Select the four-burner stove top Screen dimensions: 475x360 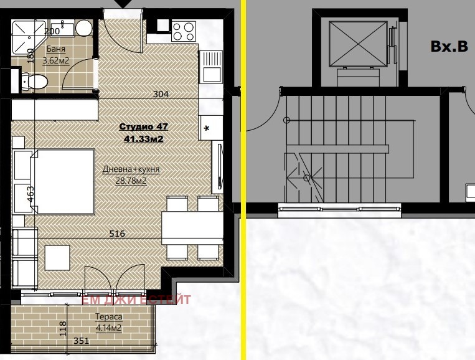[183, 32]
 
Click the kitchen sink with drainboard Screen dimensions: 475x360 [210, 67]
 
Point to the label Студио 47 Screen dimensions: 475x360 [143, 126]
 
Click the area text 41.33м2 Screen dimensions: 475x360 [144, 139]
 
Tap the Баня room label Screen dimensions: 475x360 [56, 49]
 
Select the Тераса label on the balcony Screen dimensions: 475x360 [109, 316]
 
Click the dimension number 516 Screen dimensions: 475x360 [117, 234]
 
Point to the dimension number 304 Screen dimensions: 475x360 [161, 94]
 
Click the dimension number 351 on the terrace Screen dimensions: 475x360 [81, 341]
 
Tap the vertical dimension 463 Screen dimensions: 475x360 [31, 194]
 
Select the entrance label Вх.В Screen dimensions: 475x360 [449, 46]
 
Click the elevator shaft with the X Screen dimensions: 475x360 [358, 44]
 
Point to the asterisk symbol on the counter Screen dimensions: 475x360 [207, 129]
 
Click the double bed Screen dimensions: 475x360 [62, 181]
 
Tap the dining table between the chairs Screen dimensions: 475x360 [192, 228]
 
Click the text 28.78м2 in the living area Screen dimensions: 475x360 [131, 181]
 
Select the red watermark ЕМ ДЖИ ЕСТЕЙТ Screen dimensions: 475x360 [136, 300]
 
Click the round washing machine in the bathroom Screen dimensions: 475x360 [83, 28]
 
